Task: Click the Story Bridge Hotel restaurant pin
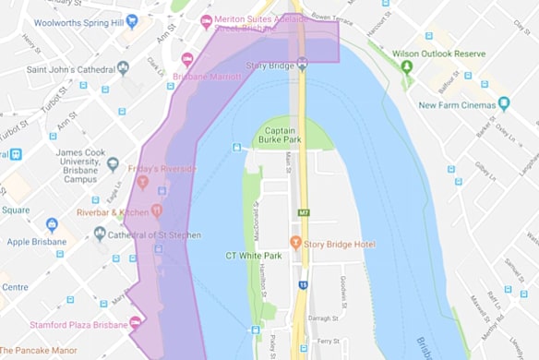pyautogui.click(x=296, y=244)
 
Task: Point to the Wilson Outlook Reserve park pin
pyautogui.click(x=407, y=66)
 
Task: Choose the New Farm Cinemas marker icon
pyautogui.click(x=503, y=104)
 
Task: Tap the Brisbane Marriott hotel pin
pyautogui.click(x=187, y=58)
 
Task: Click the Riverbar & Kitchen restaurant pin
pyautogui.click(x=156, y=211)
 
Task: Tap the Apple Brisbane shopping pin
pyautogui.click(x=53, y=224)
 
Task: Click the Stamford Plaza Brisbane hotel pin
pyautogui.click(x=136, y=323)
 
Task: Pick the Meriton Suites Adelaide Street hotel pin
pyautogui.click(x=206, y=20)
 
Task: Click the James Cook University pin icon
pyautogui.click(x=113, y=164)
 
